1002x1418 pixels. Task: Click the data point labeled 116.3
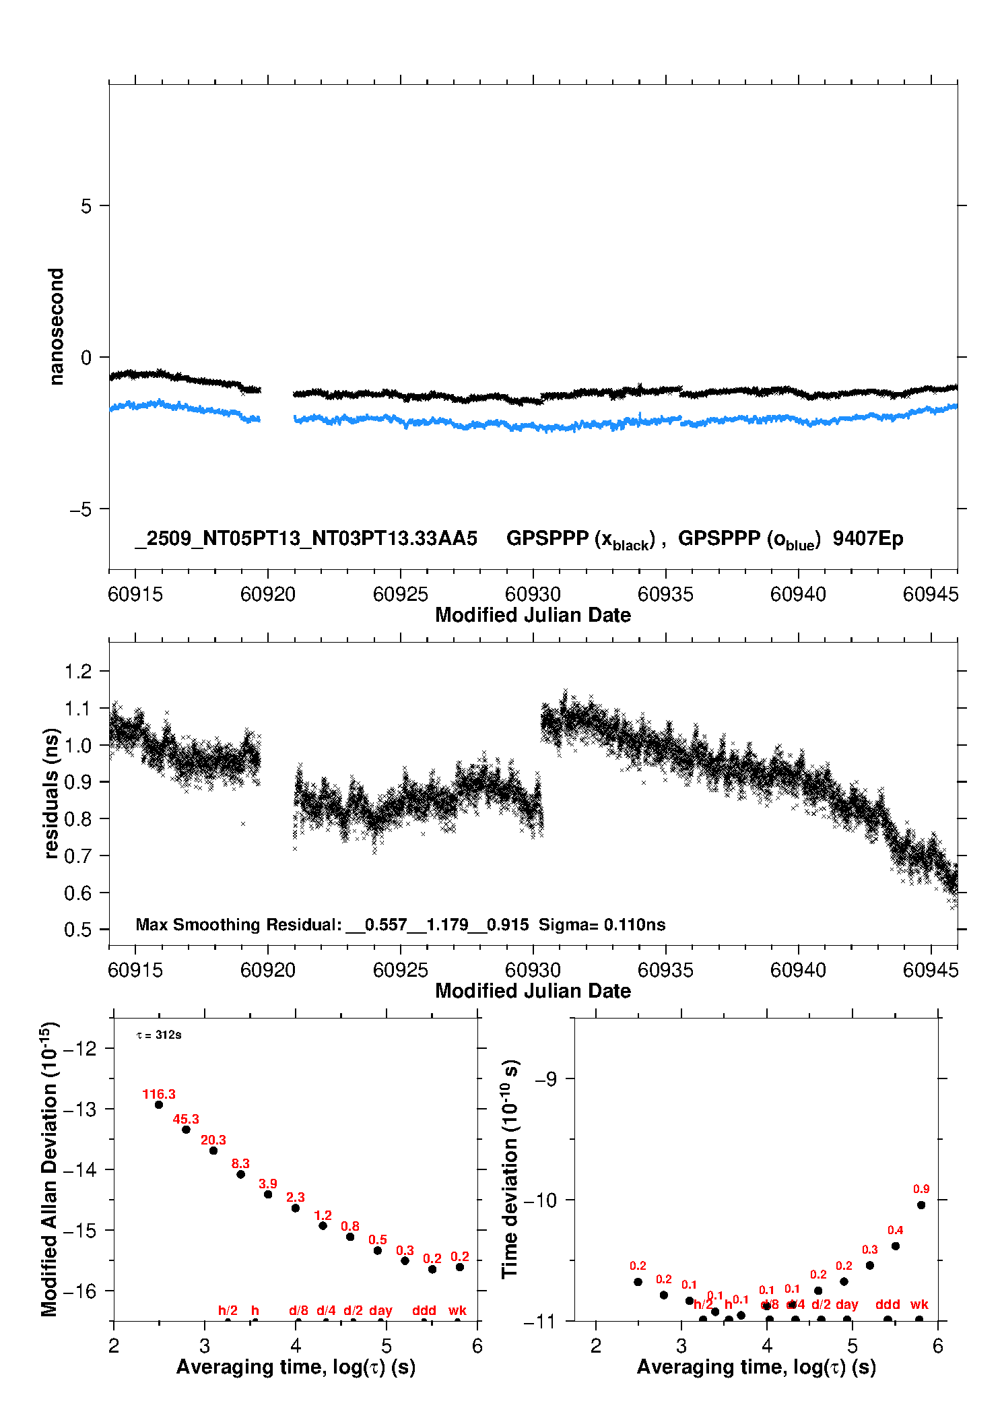tap(159, 1105)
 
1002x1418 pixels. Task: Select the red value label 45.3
tap(186, 1119)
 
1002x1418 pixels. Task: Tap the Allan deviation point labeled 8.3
tap(240, 1174)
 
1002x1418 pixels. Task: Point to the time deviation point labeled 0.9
tap(921, 1205)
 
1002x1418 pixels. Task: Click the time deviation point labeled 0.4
tap(895, 1246)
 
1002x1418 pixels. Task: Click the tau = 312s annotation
tap(159, 1035)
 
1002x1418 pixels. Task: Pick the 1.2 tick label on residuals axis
tap(77, 672)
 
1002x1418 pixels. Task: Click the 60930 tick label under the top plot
tap(533, 594)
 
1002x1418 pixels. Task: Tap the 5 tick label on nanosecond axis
tap(86, 206)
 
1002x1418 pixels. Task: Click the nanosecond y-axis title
tap(57, 327)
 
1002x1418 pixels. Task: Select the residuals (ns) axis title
tap(51, 794)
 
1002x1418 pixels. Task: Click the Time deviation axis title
tap(510, 1169)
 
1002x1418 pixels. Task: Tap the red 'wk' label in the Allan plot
tap(457, 1310)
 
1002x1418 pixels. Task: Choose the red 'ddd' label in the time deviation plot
tap(888, 1304)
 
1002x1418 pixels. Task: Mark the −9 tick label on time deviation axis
tap(545, 1079)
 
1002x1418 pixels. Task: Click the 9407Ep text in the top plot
tap(867, 539)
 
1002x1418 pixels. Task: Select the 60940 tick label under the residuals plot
tap(798, 970)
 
